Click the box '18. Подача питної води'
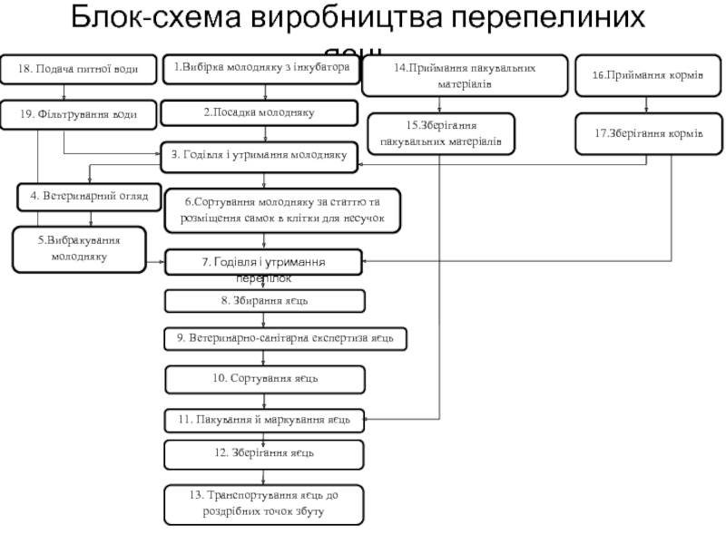tap(80, 69)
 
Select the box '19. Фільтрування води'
tap(82, 113)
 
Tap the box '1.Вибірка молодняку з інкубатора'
tap(261, 67)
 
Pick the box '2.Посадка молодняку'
tap(259, 112)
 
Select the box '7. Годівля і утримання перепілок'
tap(263, 263)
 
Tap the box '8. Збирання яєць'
tap(264, 300)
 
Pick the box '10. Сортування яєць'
tap(264, 378)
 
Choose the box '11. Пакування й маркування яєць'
tap(264, 420)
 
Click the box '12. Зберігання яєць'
tap(264, 452)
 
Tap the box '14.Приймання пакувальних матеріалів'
tap(465, 74)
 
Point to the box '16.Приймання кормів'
tap(648, 75)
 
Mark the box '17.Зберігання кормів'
tap(647, 132)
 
